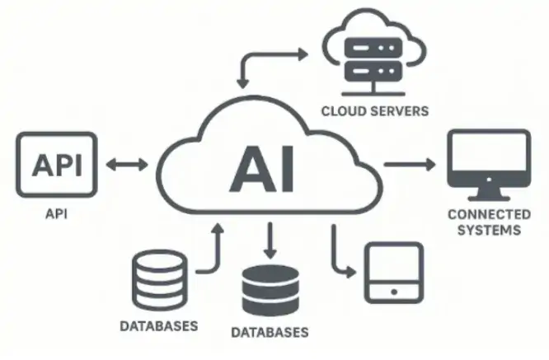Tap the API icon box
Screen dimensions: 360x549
57,165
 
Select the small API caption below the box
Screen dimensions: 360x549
57,213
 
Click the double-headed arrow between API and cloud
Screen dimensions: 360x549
128,165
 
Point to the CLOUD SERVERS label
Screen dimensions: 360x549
375,110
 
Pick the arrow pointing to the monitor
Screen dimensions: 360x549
410,164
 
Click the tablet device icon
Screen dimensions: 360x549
393,273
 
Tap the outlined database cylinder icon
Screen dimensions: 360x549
159,281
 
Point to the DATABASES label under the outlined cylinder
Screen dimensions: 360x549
159,326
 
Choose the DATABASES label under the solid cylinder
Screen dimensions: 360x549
270,334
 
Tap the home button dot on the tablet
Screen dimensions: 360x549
393,291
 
